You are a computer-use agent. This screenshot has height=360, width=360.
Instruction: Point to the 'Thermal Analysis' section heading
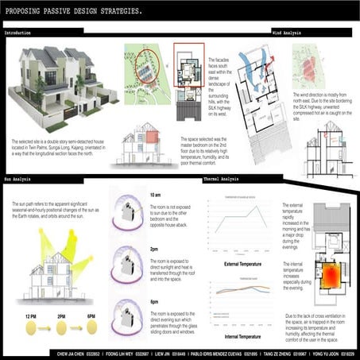coord(219,181)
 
